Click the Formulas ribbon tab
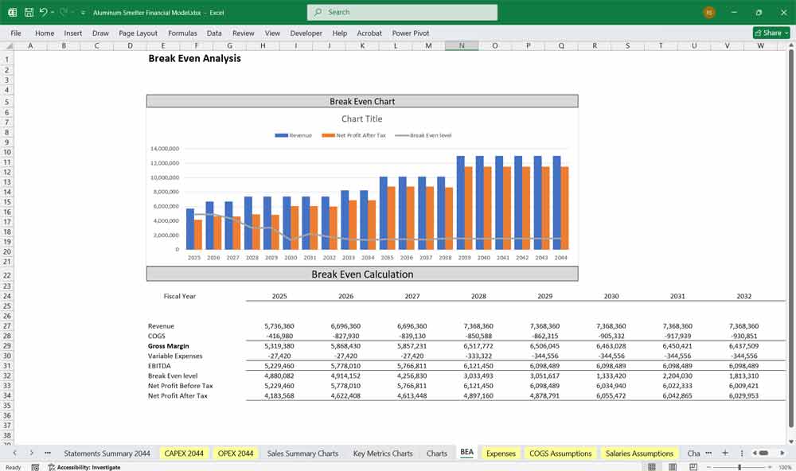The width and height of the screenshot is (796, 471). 182,33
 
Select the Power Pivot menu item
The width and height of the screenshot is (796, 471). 411,33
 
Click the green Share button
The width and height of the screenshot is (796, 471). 769,33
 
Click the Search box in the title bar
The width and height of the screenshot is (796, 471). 402,13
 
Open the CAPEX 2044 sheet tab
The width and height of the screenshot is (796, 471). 184,453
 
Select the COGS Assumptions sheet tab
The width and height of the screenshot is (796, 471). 560,453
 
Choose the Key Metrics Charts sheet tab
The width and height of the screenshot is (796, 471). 383,453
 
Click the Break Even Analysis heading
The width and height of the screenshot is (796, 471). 194,59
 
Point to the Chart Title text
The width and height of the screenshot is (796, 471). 362,119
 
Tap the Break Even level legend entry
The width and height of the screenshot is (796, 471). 430,135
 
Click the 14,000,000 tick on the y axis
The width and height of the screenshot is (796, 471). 164,149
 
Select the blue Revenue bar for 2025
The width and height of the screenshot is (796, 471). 190,228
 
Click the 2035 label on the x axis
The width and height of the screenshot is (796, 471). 387,258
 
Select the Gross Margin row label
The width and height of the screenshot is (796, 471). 170,346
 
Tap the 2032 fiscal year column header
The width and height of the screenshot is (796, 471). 744,296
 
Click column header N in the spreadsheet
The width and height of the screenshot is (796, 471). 462,45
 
